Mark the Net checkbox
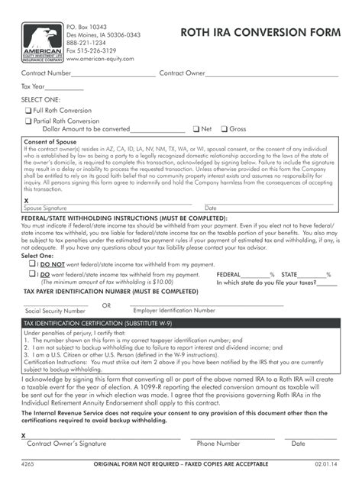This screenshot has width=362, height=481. click(196, 129)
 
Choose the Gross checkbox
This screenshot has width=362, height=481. click(224, 129)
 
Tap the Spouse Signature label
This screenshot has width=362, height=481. click(45, 208)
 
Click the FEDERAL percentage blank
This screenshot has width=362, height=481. click(260, 274)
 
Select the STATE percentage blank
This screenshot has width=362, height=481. click(313, 274)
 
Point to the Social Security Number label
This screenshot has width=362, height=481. click(55, 311)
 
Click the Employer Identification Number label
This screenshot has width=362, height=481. click(174, 311)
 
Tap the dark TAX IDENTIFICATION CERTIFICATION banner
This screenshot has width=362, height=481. click(180, 324)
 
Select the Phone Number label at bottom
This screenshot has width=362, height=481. click(218, 443)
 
